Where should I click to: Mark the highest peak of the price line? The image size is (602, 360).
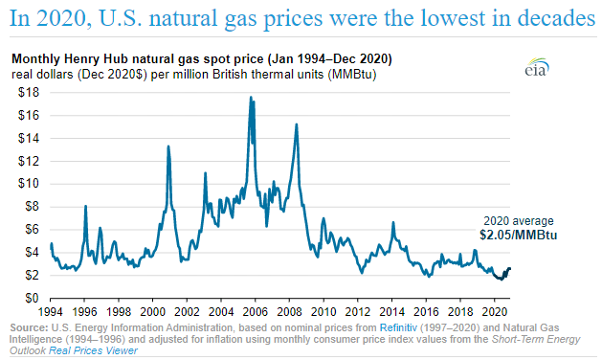pyautogui.click(x=251, y=97)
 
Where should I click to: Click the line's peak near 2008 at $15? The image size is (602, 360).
pyautogui.click(x=297, y=124)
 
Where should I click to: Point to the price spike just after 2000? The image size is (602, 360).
pyautogui.click(x=168, y=146)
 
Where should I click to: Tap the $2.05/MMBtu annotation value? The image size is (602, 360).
pyautogui.click(x=518, y=234)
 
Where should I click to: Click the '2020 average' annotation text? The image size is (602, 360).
pyautogui.click(x=517, y=219)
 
